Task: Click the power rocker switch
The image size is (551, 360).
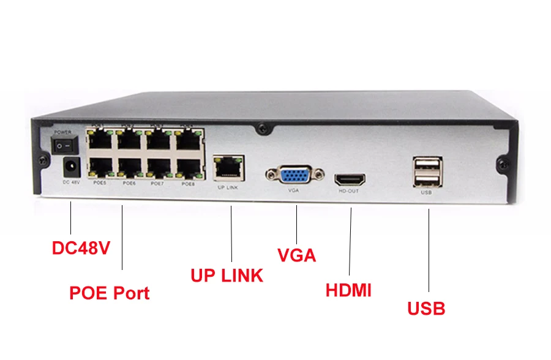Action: pos(63,145)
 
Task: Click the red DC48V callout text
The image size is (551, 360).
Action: pos(80,249)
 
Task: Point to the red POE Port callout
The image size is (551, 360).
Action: pos(109,293)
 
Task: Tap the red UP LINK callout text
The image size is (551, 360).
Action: pos(227,275)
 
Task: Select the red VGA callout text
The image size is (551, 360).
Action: pos(296,255)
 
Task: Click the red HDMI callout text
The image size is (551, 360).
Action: pos(348,290)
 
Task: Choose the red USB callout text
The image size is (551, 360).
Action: pos(426,308)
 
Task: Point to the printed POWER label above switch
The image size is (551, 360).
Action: pos(63,132)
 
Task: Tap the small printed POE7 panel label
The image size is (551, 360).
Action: pos(158,182)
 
